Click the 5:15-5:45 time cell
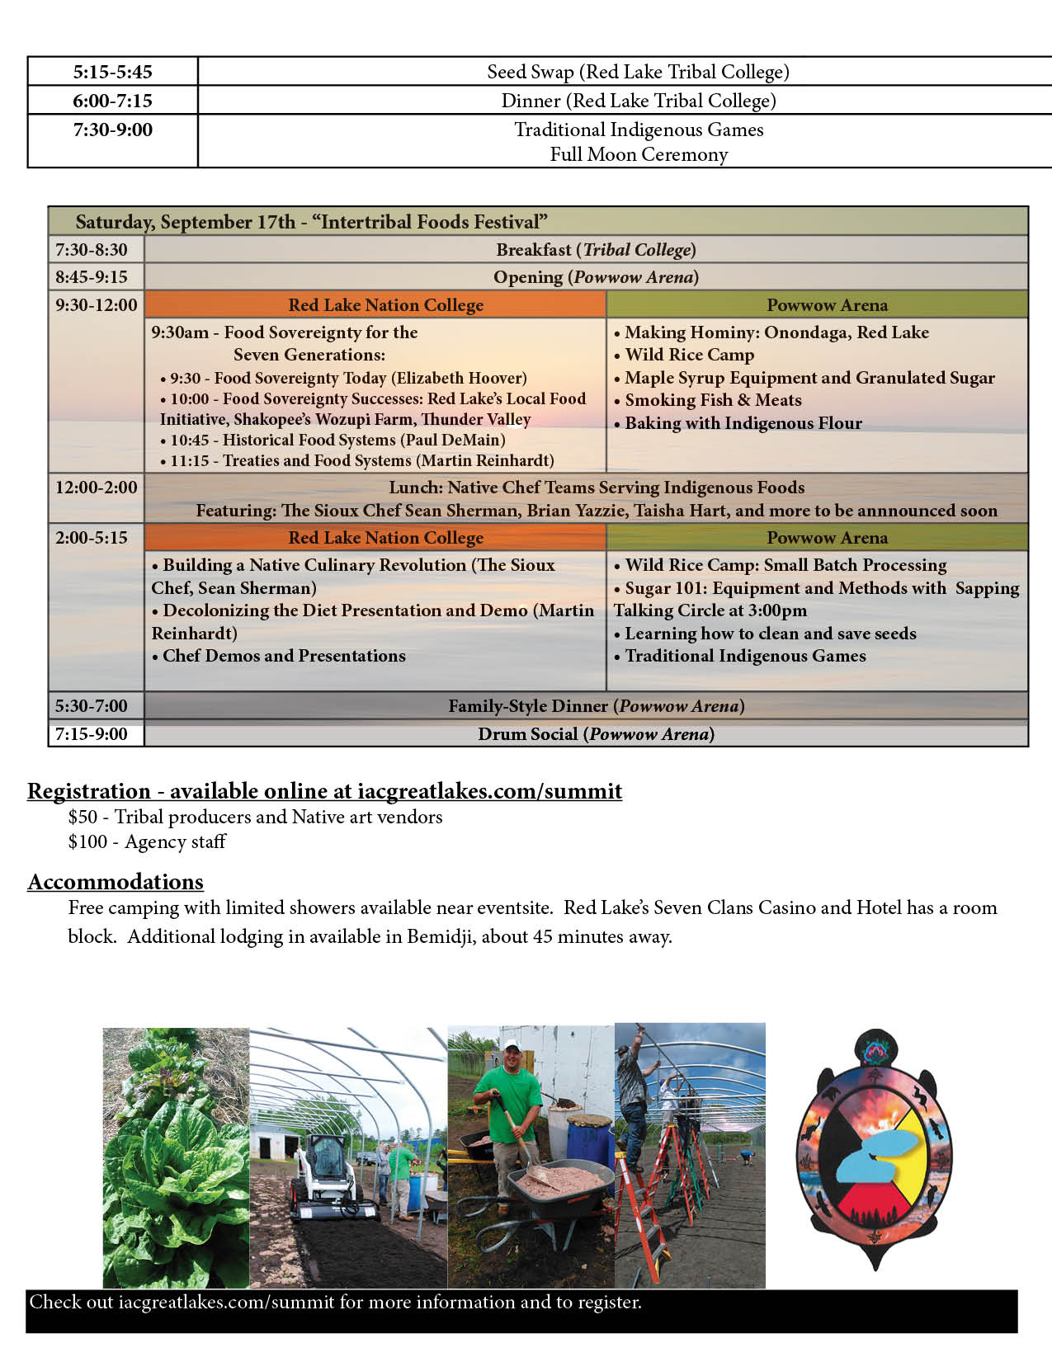[x=113, y=72]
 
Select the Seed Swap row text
[x=638, y=72]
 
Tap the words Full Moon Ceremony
[x=639, y=154]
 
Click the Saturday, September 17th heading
[x=311, y=222]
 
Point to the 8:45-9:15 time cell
[x=92, y=277]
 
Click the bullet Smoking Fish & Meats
[x=713, y=400]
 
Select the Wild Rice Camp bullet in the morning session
[x=689, y=355]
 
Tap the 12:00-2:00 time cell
[x=96, y=488]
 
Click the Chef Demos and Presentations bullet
[x=284, y=656]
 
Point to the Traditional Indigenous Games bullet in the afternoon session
[x=745, y=656]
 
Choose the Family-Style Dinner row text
[x=596, y=706]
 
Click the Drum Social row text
[x=596, y=734]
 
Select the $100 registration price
[x=87, y=842]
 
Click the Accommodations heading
[x=116, y=882]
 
